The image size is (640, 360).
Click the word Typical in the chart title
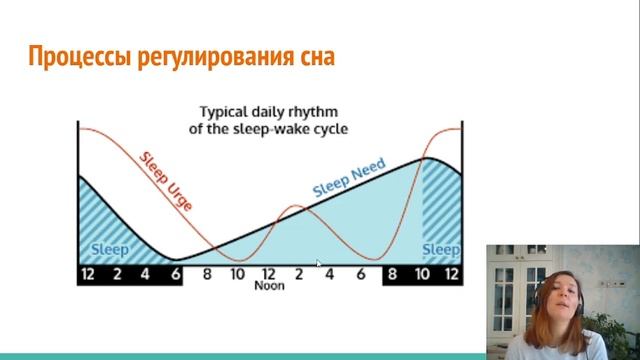coord(227,113)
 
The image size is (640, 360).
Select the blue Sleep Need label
coord(349,177)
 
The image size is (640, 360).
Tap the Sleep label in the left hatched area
coord(110,250)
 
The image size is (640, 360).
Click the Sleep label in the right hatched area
coord(441,250)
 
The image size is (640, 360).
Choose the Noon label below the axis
coord(269,285)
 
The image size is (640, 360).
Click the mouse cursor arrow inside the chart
coord(319,263)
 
